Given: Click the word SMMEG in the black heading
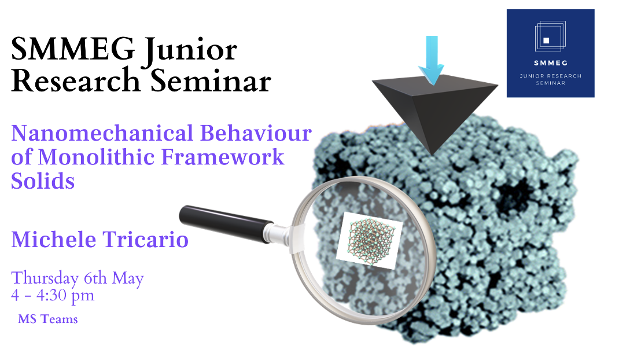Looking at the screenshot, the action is tap(73, 49).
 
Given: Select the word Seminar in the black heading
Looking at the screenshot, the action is tap(211, 80).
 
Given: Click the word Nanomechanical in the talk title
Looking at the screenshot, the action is tap(102, 133).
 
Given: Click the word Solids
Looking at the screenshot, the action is tap(43, 181).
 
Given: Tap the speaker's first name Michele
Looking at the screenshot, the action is tap(54, 239).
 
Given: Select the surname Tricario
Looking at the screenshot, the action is tap(146, 239).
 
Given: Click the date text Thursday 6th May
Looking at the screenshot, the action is tap(78, 278).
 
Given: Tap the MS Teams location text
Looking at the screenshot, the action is tap(48, 319).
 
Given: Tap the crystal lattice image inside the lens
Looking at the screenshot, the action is tap(370, 240).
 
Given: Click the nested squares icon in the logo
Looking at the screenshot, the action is tap(550, 36).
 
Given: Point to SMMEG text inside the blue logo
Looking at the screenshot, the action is tap(551, 63).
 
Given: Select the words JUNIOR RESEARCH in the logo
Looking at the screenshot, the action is tap(551, 75).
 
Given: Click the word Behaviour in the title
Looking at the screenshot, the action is tap(256, 133).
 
